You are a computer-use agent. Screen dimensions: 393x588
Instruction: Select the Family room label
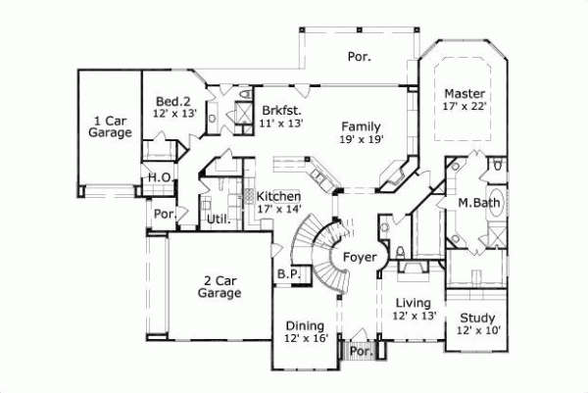(361, 125)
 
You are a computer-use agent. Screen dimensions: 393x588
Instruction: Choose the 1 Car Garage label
(111, 126)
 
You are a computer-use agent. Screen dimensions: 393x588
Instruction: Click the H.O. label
(160, 177)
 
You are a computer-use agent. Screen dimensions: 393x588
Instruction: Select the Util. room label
(218, 220)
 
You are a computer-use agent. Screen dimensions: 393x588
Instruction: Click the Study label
(478, 318)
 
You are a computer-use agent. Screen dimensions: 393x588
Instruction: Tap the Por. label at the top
(359, 57)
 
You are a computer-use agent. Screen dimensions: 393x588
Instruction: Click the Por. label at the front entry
(361, 350)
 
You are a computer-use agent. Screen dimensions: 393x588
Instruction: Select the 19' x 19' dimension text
(361, 139)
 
